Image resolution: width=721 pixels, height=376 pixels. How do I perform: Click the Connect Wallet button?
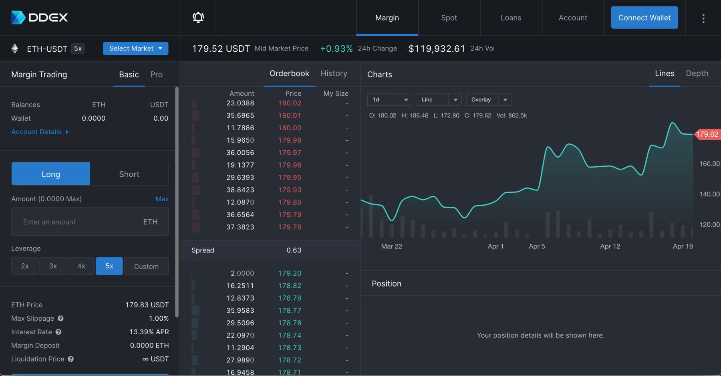click(644, 18)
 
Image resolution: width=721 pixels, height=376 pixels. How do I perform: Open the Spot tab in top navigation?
click(449, 18)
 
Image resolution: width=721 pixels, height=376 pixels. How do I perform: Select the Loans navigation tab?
click(511, 18)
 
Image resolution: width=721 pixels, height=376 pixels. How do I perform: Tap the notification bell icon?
click(198, 18)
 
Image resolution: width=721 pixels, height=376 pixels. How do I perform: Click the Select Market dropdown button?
click(135, 49)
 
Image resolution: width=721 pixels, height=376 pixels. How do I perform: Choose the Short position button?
click(129, 174)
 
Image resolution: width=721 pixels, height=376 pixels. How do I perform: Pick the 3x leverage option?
click(53, 266)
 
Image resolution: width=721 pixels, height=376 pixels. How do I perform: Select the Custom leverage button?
click(146, 266)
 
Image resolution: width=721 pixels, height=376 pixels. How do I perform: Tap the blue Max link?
click(162, 199)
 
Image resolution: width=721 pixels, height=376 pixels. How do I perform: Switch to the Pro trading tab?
click(156, 75)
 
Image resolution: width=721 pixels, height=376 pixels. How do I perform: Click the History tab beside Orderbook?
click(334, 73)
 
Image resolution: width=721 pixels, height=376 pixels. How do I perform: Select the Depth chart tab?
click(697, 73)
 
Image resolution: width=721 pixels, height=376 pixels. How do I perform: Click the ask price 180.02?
click(290, 103)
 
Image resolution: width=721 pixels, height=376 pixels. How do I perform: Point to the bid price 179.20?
click(290, 273)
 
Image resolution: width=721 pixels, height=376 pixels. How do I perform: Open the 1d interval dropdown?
click(389, 100)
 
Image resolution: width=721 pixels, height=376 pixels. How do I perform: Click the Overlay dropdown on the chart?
click(488, 100)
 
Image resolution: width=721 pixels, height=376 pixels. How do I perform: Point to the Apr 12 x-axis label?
click(610, 246)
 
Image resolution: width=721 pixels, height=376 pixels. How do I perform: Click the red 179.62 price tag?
click(707, 134)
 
